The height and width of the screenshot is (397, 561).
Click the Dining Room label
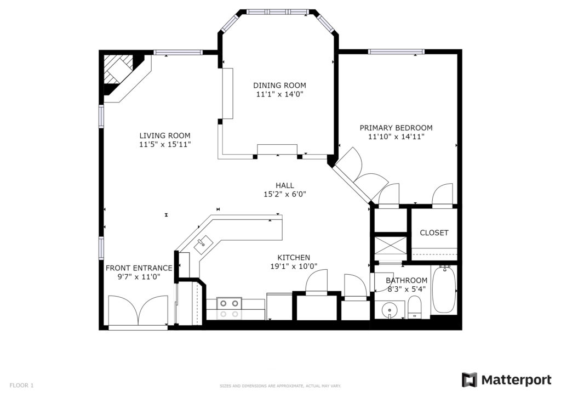coord(279,85)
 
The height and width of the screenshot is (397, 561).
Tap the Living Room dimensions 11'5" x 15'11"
coord(165,144)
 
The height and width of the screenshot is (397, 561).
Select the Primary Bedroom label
coord(396,128)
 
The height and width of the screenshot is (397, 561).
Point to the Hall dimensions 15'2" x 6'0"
coord(285,194)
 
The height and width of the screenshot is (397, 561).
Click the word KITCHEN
coord(294,257)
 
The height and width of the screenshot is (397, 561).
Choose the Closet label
coord(434,232)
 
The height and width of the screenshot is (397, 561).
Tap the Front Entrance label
coord(139,268)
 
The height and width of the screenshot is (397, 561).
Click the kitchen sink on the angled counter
coord(203,245)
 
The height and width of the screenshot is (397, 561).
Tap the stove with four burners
coord(230,309)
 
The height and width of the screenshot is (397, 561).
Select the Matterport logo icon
coord(469,380)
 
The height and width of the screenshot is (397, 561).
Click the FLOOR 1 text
coord(21,385)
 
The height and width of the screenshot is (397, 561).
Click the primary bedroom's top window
coord(396,52)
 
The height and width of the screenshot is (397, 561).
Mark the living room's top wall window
coord(178,52)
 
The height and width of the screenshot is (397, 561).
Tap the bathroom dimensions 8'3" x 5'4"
coord(407,289)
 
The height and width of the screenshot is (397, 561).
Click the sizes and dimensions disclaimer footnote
coord(280,386)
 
